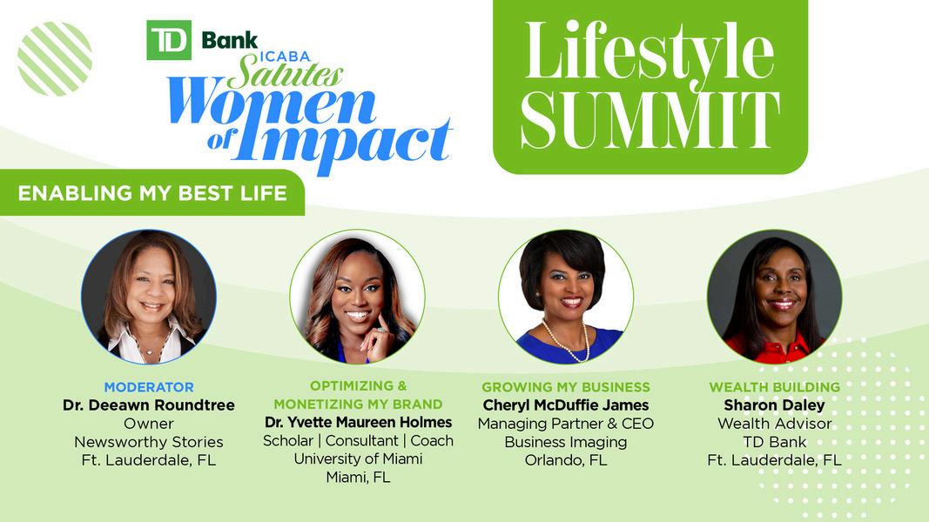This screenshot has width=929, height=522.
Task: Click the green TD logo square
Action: point(169,40)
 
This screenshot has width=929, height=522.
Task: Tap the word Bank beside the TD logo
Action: point(229,40)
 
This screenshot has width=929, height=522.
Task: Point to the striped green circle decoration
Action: point(55,58)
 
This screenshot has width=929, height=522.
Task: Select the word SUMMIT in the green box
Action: point(650,120)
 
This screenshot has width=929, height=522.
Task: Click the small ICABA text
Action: point(285,57)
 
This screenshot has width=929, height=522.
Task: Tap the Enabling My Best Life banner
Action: point(152,193)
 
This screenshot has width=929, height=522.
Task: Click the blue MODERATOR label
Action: point(149,387)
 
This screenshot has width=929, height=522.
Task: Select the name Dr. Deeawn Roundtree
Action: point(149,405)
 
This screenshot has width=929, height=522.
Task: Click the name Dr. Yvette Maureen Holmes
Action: point(359,423)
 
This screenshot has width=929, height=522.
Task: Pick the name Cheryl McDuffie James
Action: point(566,405)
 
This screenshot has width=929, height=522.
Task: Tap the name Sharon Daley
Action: point(774,405)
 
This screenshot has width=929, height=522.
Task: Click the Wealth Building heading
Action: point(774,387)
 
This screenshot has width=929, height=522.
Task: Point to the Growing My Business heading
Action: point(566,387)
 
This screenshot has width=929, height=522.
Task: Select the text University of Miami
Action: point(359,458)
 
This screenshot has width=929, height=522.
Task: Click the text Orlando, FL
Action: point(566,460)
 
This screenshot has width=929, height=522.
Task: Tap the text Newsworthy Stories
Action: point(149,442)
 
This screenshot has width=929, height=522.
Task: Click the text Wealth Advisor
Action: point(774,424)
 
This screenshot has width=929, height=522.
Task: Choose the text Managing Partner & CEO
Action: point(566,424)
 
